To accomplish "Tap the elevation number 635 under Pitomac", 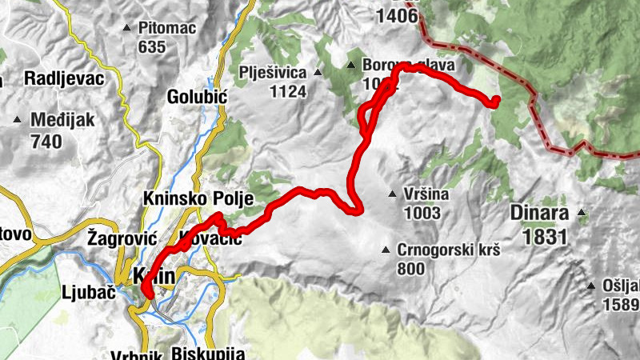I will tap(151, 46).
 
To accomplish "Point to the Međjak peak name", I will tap(62, 121).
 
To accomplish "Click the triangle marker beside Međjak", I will tap(18, 121).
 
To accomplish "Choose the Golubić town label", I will tap(198, 97).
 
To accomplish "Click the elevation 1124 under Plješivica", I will tap(288, 91).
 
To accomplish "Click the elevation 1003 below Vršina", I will tap(422, 212).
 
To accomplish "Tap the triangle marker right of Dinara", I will tap(582, 213).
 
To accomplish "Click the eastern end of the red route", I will tap(494, 100).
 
